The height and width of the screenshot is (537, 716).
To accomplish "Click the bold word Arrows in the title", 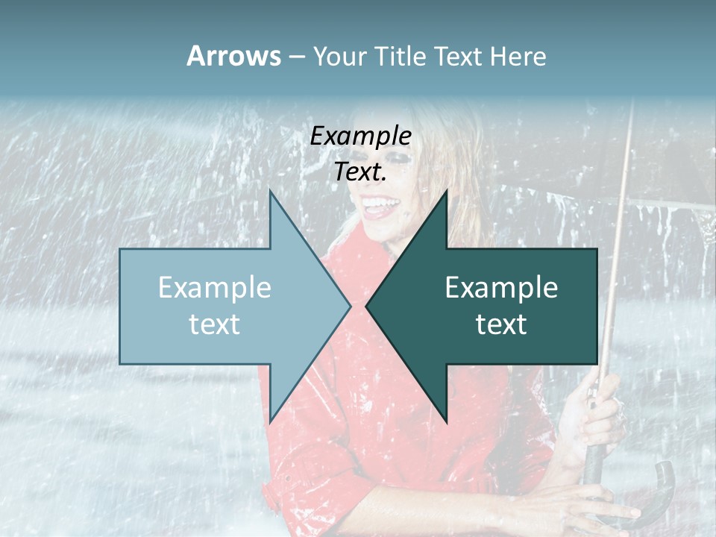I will (x=233, y=56).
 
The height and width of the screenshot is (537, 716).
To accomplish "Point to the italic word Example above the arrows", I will (x=360, y=136).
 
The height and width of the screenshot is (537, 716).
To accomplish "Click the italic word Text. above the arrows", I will (x=360, y=172).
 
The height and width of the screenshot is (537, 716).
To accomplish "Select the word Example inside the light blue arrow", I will (x=215, y=287).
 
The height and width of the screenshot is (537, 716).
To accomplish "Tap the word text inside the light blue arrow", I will (x=215, y=324).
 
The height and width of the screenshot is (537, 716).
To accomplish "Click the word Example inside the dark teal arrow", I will (x=501, y=287).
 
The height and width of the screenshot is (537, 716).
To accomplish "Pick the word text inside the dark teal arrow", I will (x=501, y=324).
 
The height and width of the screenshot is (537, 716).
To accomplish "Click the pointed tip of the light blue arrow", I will (x=351, y=307).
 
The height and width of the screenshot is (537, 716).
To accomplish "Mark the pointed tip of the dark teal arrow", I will (x=366, y=307).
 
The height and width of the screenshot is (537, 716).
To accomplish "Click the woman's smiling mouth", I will (x=381, y=205).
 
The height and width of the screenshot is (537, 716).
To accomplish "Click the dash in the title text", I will (x=296, y=57).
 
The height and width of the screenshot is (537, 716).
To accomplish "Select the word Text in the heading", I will (x=459, y=56).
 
